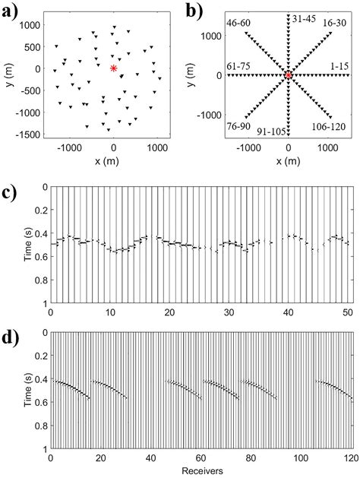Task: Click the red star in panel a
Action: point(113,68)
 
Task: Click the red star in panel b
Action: point(289,74)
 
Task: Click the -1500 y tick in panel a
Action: point(32,135)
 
